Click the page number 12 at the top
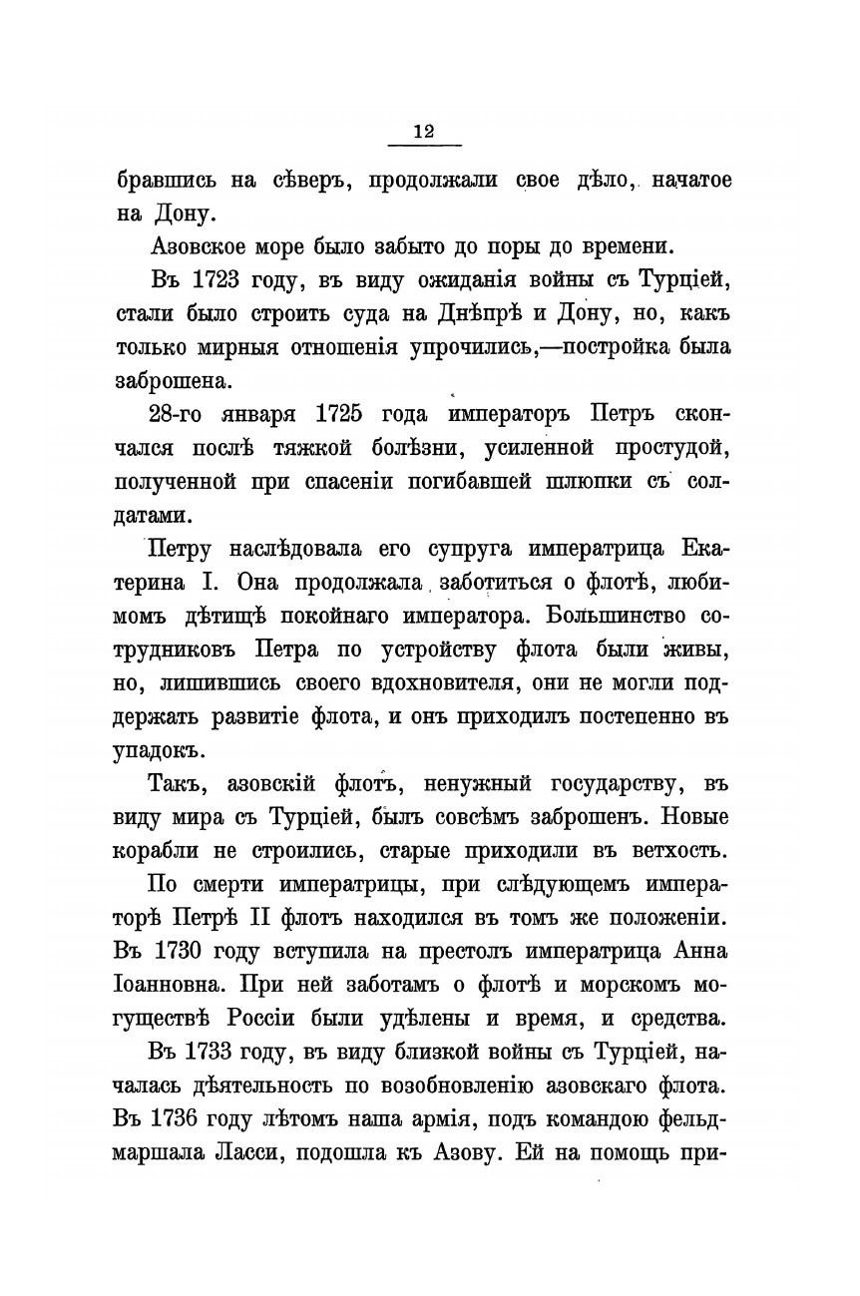click(x=423, y=133)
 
